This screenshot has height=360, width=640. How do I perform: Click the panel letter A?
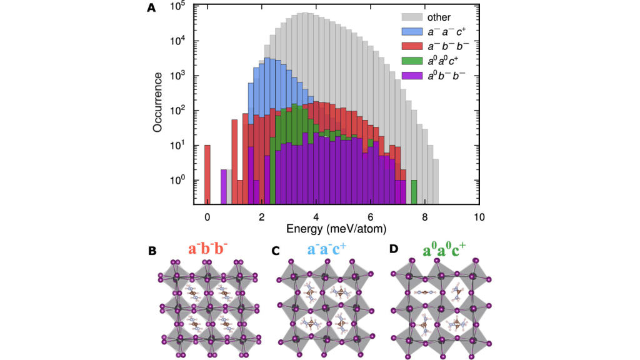tap(151, 9)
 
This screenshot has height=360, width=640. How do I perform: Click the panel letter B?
tap(152, 251)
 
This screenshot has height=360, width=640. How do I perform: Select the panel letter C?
tap(276, 251)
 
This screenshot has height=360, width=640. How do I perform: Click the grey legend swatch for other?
tap(409, 17)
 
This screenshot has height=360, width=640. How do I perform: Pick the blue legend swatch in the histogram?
tap(409, 30)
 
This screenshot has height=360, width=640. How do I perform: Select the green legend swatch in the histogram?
tap(409, 61)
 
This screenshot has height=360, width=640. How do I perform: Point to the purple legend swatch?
tap(409, 76)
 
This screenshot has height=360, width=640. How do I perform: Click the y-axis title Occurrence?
tap(159, 102)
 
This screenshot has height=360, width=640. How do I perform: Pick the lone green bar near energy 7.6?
tap(414, 191)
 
